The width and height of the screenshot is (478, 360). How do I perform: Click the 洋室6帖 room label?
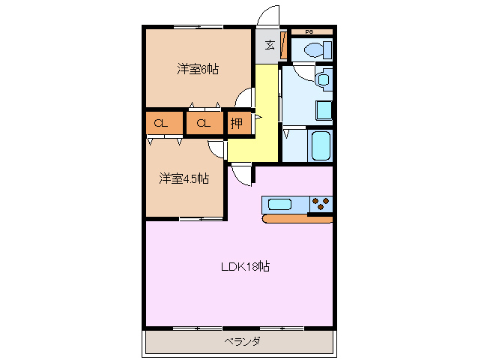[198, 70]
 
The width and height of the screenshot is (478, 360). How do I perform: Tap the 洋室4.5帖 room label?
[184, 178]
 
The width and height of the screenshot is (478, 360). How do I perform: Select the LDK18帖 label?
[244, 266]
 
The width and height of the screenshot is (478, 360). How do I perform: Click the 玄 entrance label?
[269, 44]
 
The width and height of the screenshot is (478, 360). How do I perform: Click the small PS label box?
[309, 31]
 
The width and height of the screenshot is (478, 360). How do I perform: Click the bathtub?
[320, 145]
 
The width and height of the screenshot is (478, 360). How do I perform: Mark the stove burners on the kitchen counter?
[321, 202]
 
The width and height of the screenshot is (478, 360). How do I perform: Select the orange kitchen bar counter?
[297, 219]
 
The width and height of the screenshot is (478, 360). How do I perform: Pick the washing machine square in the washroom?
[324, 109]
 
